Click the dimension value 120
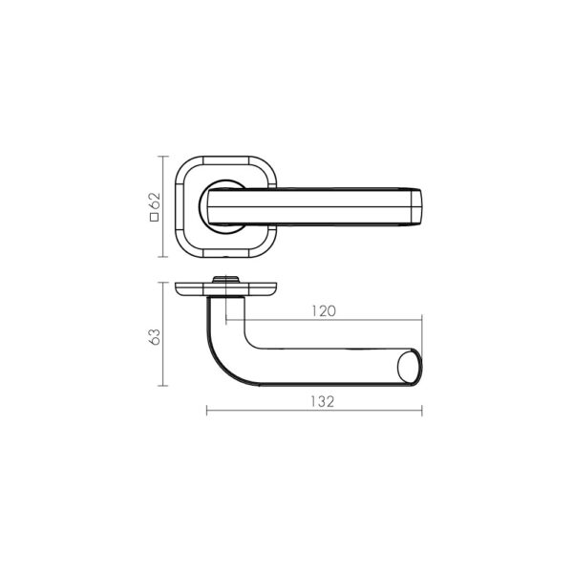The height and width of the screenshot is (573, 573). [324, 311]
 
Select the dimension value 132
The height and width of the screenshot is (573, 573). [323, 402]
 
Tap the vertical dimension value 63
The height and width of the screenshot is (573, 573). [155, 336]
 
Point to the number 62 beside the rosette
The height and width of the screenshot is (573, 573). [155, 201]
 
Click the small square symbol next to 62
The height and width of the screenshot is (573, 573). [155, 217]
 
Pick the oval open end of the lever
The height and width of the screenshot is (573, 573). [410, 366]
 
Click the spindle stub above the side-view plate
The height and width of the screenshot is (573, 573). [225, 279]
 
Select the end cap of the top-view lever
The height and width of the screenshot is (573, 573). [416, 206]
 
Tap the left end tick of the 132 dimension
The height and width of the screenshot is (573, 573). [207, 411]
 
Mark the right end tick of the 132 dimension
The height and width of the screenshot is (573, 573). [422, 411]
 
